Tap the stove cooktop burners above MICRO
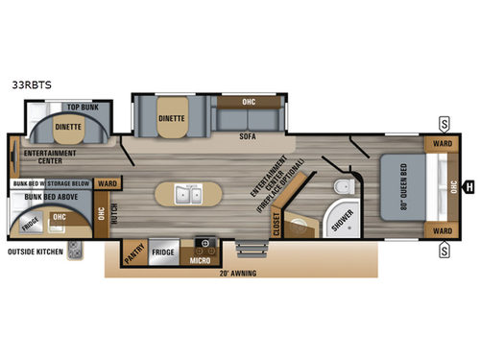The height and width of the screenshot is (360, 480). [204, 243]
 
